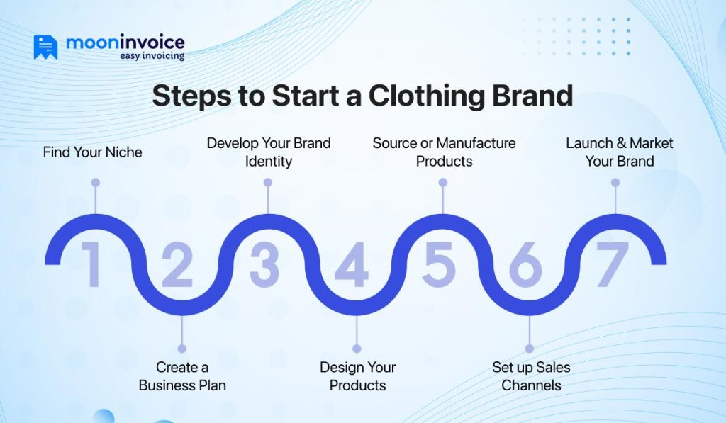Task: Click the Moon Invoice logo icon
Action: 45,47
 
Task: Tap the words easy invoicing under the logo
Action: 152,56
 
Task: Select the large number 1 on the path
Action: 91,265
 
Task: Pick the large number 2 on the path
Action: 177,265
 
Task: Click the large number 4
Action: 352,265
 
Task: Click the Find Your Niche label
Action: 92,152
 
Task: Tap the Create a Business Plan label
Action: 182,376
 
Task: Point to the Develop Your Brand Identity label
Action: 269,152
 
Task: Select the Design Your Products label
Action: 357,376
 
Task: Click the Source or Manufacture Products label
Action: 444,152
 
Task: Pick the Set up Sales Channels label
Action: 531,376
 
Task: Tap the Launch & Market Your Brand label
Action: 619,152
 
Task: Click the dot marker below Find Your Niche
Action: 95,183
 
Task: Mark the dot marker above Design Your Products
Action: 357,349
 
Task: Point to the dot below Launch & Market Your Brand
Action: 615,183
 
